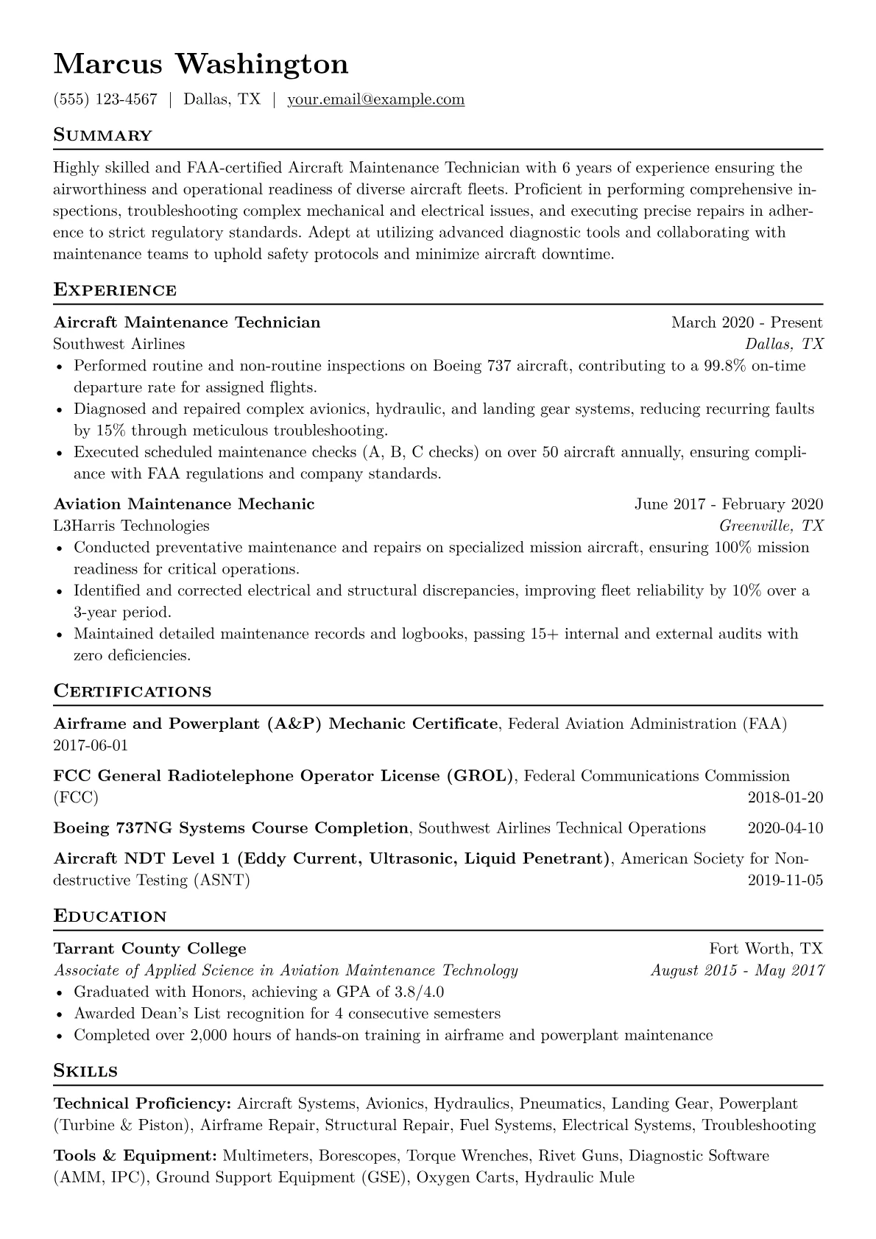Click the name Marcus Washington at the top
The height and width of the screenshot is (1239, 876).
pyautogui.click(x=201, y=64)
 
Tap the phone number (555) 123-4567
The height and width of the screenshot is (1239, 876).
pyautogui.click(x=105, y=99)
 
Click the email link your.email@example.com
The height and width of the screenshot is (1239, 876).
pyautogui.click(x=375, y=99)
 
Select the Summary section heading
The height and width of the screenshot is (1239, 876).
pyautogui.click(x=103, y=135)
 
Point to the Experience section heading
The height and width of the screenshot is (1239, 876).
pyautogui.click(x=115, y=290)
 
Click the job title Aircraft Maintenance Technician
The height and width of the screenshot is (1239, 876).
pyautogui.click(x=187, y=322)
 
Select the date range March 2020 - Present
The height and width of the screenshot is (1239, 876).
pyautogui.click(x=746, y=322)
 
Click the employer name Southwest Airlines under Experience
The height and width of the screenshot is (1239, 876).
pyautogui.click(x=119, y=344)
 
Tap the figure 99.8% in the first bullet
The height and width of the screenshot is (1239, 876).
pyautogui.click(x=726, y=366)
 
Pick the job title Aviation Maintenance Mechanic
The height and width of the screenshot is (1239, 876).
pyautogui.click(x=184, y=504)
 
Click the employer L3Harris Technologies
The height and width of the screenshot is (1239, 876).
pyautogui.click(x=131, y=526)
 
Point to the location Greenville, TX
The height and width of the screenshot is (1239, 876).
pyautogui.click(x=771, y=526)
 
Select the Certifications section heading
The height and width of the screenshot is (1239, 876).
pyautogui.click(x=133, y=692)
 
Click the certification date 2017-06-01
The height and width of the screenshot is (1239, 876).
pyautogui.click(x=91, y=746)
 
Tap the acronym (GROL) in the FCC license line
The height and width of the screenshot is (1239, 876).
pyautogui.click(x=480, y=776)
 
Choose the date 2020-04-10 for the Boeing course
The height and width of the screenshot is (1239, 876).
pyautogui.click(x=785, y=828)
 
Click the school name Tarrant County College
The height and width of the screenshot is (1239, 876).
pyautogui.click(x=150, y=949)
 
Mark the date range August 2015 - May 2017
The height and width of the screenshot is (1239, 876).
pyautogui.click(x=737, y=970)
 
